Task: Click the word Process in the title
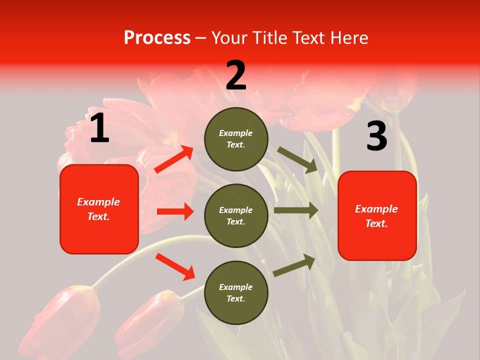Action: pyautogui.click(x=157, y=37)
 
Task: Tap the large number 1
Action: pyautogui.click(x=99, y=128)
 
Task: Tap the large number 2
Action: pyautogui.click(x=236, y=75)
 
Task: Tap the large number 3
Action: pyautogui.click(x=376, y=136)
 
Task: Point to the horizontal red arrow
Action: pyautogui.click(x=175, y=211)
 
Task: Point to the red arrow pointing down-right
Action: pyautogui.click(x=175, y=266)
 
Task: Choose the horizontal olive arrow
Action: pyautogui.click(x=296, y=210)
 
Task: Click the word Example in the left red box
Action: pyautogui.click(x=98, y=202)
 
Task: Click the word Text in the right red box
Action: pyautogui.click(x=376, y=223)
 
